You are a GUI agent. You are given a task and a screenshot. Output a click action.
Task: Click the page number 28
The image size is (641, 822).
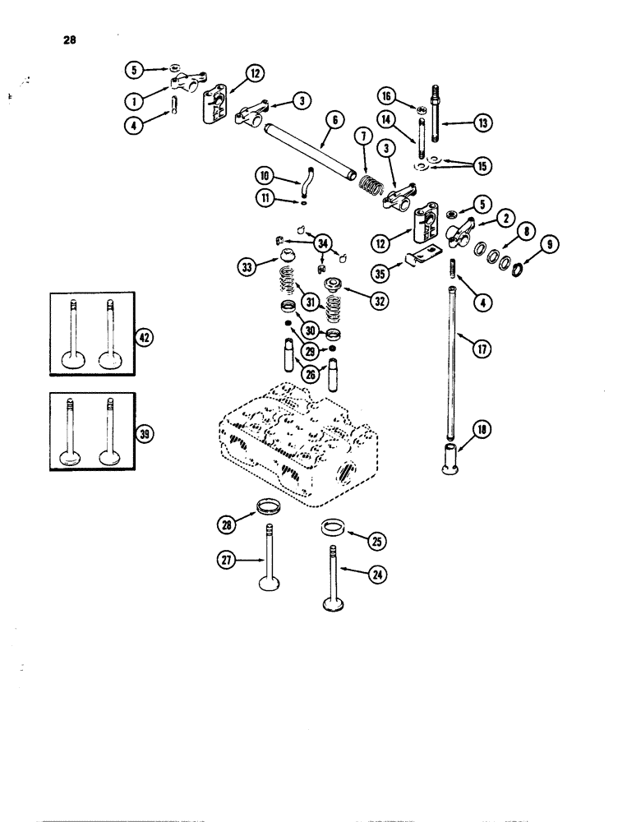[67, 37]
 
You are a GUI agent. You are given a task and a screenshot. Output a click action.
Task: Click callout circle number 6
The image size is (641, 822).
[334, 119]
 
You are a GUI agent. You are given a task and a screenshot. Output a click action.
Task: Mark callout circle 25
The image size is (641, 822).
[377, 541]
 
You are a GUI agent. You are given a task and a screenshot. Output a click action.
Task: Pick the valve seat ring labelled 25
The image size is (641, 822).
[333, 524]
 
